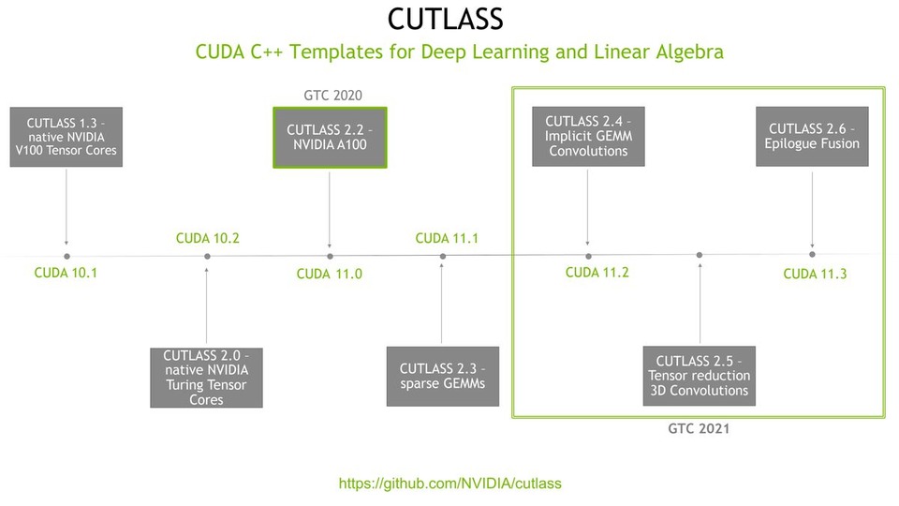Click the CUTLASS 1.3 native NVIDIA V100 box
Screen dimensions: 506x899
(x=66, y=137)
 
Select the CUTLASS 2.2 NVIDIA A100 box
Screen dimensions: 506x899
(x=330, y=137)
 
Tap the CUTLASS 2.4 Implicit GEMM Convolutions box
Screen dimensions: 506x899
(x=588, y=137)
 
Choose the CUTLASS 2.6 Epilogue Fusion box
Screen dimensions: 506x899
(x=812, y=137)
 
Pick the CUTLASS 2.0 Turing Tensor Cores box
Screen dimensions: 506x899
(x=206, y=378)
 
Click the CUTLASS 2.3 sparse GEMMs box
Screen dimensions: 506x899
(x=442, y=376)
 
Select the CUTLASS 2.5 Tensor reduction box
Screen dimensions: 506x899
(x=700, y=376)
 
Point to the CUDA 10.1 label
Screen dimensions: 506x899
(x=66, y=274)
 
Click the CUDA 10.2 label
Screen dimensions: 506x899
(x=207, y=239)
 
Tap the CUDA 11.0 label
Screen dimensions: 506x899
(x=329, y=275)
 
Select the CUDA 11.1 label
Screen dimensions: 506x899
(x=447, y=239)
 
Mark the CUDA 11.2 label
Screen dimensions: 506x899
(x=597, y=273)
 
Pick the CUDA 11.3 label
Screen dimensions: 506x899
(x=815, y=274)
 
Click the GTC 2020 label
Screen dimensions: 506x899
(x=332, y=96)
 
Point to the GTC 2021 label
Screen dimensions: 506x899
(x=699, y=429)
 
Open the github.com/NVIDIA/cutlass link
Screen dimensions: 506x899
(x=449, y=484)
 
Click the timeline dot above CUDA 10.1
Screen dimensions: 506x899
(x=66, y=256)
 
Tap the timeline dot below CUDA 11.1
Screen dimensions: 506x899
(x=443, y=255)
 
